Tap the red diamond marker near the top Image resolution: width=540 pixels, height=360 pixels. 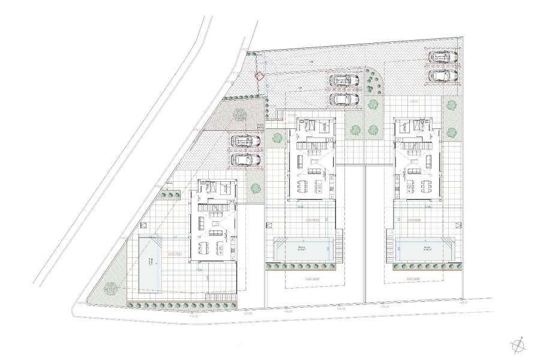click(x=259, y=76)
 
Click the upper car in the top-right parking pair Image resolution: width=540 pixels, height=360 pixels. click(x=442, y=57)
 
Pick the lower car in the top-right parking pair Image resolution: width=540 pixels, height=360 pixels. click(x=442, y=76)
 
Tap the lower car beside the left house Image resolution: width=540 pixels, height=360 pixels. click(x=245, y=160)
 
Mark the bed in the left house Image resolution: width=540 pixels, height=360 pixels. click(x=222, y=187)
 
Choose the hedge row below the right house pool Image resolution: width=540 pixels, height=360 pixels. click(x=420, y=269)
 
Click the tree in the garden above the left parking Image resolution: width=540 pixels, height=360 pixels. click(x=240, y=114)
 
